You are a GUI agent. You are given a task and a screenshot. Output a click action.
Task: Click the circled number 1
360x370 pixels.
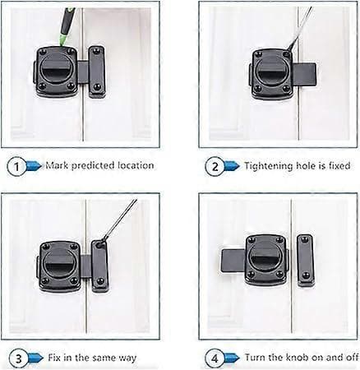coord(16,166)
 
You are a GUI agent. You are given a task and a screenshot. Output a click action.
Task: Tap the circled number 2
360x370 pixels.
coord(215,166)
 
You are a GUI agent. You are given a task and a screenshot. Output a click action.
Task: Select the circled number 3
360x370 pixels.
coord(18,358)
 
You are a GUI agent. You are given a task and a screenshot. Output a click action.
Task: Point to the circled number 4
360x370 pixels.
coord(215,358)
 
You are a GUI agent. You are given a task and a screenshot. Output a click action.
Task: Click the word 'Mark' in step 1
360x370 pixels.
coord(57,165)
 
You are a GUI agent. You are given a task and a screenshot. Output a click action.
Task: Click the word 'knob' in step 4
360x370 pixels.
coord(297,357)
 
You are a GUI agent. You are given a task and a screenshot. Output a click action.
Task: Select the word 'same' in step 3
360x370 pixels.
coord(104,358)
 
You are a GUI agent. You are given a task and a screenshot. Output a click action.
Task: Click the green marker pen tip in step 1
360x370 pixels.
coord(61,42)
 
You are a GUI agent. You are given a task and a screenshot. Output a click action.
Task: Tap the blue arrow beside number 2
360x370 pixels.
coord(232,166)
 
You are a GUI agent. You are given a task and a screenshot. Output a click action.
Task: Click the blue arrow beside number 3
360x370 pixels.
coord(35,358)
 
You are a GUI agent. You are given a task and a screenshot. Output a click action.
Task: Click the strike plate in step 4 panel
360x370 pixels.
coord(305,260)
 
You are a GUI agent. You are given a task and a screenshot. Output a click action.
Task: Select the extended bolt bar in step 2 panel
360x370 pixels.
coord(303,76)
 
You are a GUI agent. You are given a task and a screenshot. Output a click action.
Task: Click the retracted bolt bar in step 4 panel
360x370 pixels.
coord(233,261)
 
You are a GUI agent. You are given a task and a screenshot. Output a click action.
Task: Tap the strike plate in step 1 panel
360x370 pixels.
coord(96,72)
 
